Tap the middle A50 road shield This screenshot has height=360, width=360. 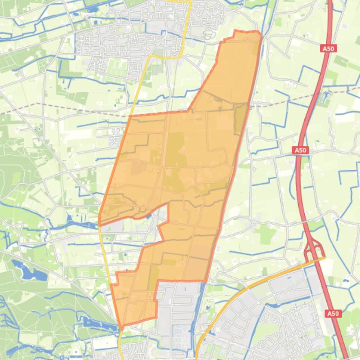(x=300, y=150)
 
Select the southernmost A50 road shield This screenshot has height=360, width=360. (x=332, y=313)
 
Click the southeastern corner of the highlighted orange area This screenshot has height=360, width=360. (x=206, y=281)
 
